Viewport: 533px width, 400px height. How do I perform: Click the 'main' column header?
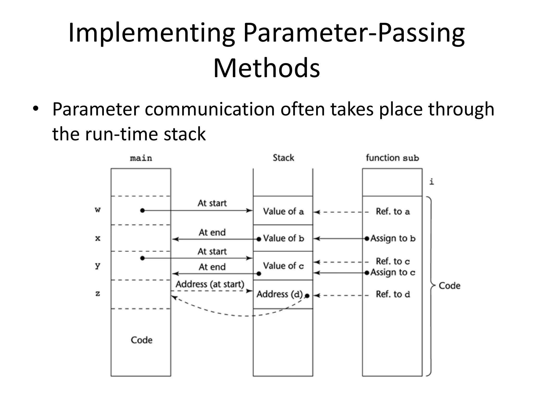point(141,158)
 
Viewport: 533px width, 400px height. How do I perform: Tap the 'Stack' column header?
point(283,158)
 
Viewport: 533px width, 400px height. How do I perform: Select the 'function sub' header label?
point(392,158)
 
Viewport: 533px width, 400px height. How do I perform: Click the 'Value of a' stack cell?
point(283,211)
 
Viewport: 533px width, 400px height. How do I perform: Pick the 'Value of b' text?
point(283,238)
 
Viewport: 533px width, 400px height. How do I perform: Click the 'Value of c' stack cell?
point(283,266)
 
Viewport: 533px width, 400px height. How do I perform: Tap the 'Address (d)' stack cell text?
point(280,294)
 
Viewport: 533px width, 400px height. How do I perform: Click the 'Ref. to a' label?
point(392,211)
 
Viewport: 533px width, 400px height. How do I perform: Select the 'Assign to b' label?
point(393,238)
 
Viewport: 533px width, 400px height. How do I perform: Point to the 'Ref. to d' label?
point(392,294)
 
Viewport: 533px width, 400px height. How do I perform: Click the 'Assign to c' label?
point(393,272)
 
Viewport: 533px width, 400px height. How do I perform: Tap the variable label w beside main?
point(98,209)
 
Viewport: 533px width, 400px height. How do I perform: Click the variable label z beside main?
point(98,294)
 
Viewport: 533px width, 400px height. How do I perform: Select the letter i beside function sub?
point(432,182)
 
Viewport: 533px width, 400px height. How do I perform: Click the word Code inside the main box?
point(141,340)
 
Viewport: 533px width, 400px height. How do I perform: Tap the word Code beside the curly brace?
point(449,286)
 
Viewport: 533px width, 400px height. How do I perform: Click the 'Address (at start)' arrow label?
point(210,284)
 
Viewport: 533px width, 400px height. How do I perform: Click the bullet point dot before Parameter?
point(36,109)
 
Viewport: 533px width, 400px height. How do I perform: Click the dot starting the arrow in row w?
point(142,210)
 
